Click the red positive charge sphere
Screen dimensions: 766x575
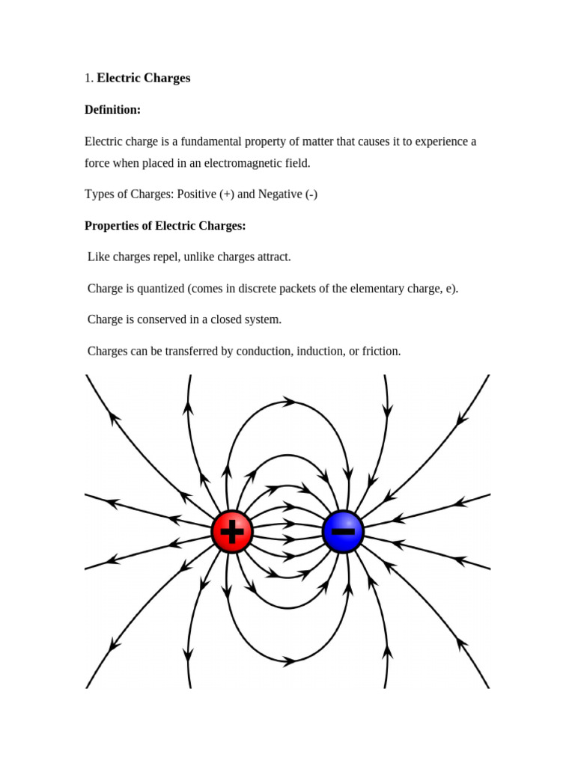[x=232, y=533]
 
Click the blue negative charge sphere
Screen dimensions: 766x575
[x=343, y=532]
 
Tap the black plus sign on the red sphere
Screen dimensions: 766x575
[x=233, y=533]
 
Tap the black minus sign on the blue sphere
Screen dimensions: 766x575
[x=344, y=532]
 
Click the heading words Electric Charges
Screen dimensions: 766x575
[x=144, y=78]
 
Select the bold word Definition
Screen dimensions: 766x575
[x=112, y=110]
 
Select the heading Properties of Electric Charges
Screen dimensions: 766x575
[x=165, y=225]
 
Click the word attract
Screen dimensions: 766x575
[x=269, y=257]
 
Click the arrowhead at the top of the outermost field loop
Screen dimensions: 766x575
[x=289, y=402]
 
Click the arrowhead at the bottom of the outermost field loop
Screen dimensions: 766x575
[x=287, y=661]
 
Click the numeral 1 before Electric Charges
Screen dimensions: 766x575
[x=88, y=78]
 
